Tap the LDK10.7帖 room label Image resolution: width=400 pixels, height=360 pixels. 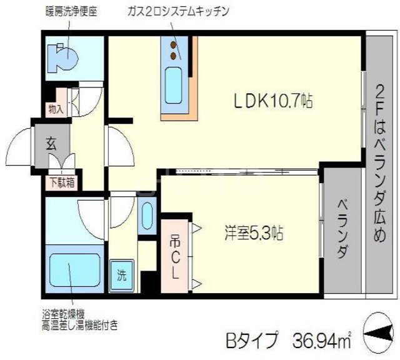point(273,101)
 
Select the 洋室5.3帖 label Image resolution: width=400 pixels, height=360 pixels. point(254,232)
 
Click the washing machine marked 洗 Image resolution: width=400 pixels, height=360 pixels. point(122,276)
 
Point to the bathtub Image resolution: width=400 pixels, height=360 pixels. point(74,270)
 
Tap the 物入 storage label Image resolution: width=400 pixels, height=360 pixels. point(56,110)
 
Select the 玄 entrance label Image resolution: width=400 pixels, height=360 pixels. point(51,144)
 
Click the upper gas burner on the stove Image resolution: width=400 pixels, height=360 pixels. point(173,45)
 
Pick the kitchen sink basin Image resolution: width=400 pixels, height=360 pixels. point(173,86)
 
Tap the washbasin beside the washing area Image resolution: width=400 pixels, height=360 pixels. point(147,216)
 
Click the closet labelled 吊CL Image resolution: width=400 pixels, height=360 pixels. point(175,256)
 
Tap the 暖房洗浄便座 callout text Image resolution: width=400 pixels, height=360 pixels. point(72,12)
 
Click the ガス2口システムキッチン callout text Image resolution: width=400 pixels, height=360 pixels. point(179,11)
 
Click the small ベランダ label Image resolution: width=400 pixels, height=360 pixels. point(342,229)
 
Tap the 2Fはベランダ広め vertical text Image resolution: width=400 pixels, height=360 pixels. point(379,163)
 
